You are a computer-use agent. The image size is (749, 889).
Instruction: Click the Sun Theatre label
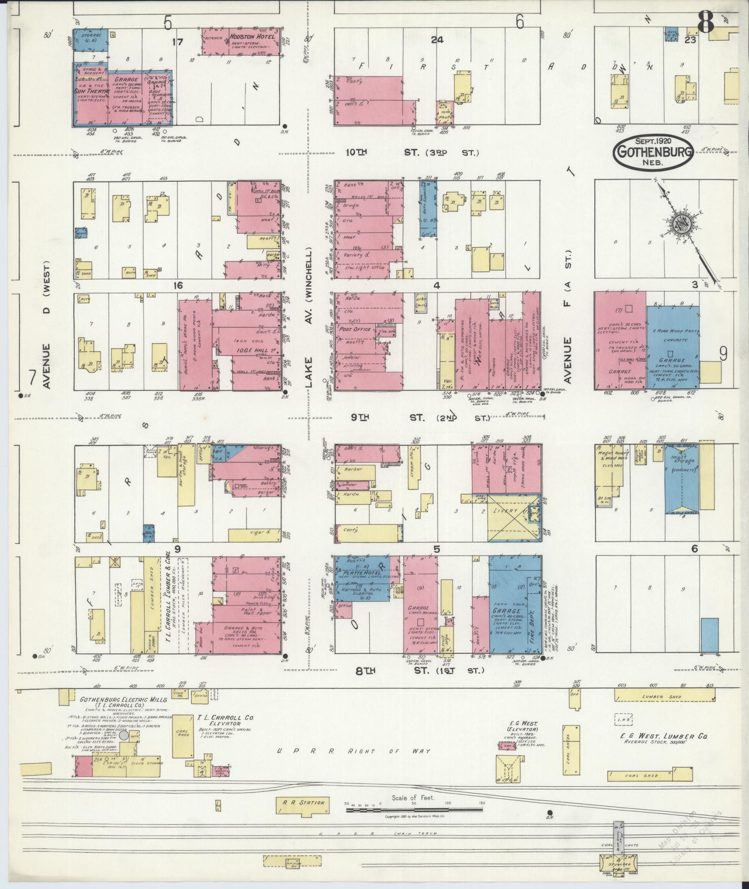click(91, 92)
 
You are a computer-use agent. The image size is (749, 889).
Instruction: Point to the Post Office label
click(355, 329)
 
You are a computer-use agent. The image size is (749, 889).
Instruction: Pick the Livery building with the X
click(513, 517)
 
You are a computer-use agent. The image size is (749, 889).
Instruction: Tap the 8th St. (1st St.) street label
click(419, 670)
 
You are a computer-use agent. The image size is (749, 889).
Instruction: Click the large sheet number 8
click(704, 22)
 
